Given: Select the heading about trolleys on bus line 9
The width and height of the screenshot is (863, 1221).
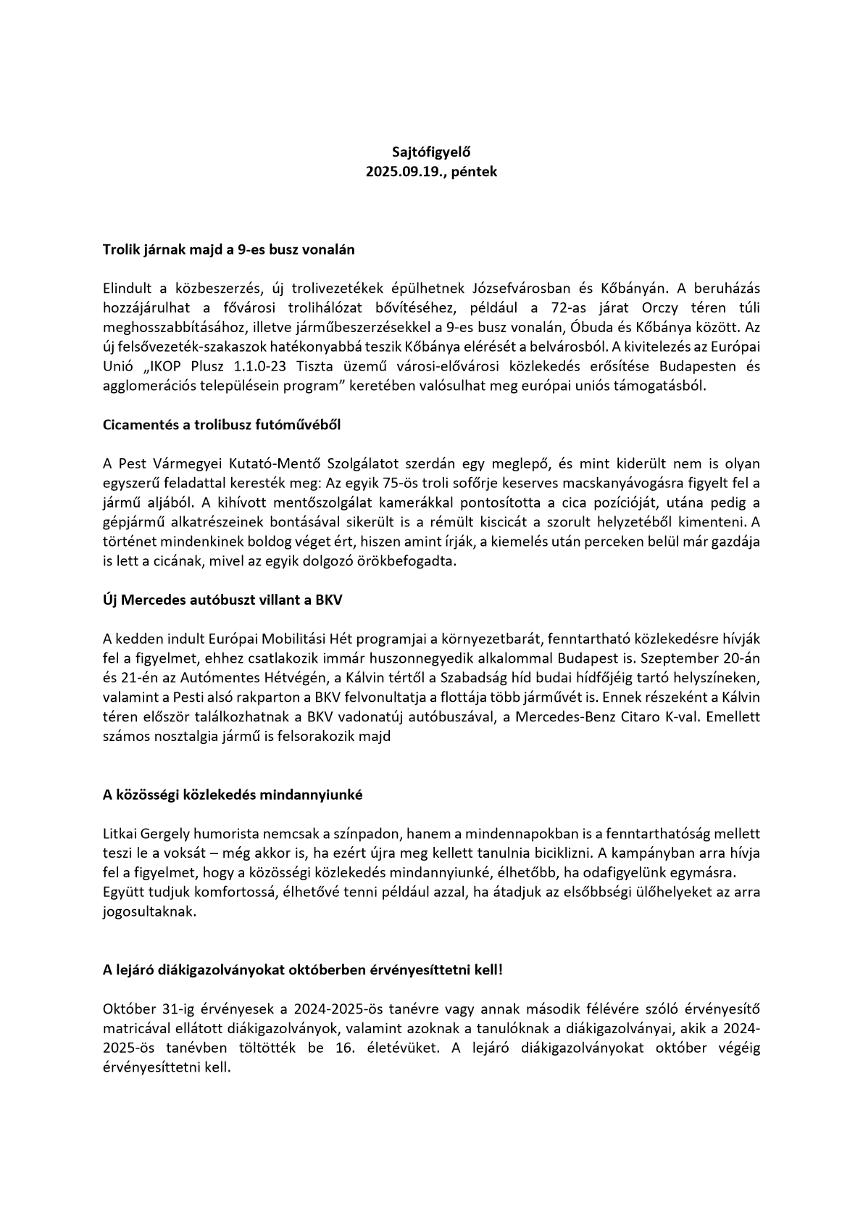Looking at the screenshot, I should click(228, 249).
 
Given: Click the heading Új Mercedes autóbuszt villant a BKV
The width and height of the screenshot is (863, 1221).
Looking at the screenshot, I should click(222, 600).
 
